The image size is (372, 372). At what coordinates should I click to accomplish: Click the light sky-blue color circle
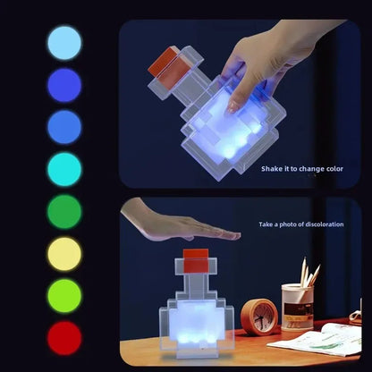[x=63, y=42]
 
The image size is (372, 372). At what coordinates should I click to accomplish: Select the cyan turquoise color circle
[x=63, y=169]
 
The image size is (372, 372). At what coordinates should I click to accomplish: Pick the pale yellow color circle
[x=63, y=254]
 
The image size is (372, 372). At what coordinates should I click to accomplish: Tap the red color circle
[x=63, y=338]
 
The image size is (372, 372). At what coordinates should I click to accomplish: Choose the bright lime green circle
[x=63, y=296]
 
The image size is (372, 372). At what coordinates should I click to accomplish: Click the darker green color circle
[x=63, y=212]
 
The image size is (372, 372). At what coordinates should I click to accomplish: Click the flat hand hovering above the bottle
[x=170, y=222]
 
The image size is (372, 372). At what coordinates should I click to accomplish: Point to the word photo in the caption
[x=284, y=224]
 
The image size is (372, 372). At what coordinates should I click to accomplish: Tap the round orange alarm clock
[x=260, y=317]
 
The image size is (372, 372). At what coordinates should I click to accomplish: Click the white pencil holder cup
[x=297, y=307]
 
